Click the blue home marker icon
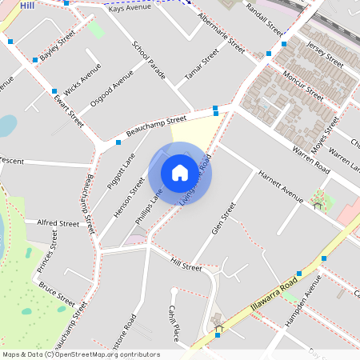click(x=180, y=172)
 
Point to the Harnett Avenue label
click(x=280, y=187)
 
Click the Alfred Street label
click(x=58, y=223)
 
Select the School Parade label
click(x=149, y=60)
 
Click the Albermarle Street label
click(x=220, y=34)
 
